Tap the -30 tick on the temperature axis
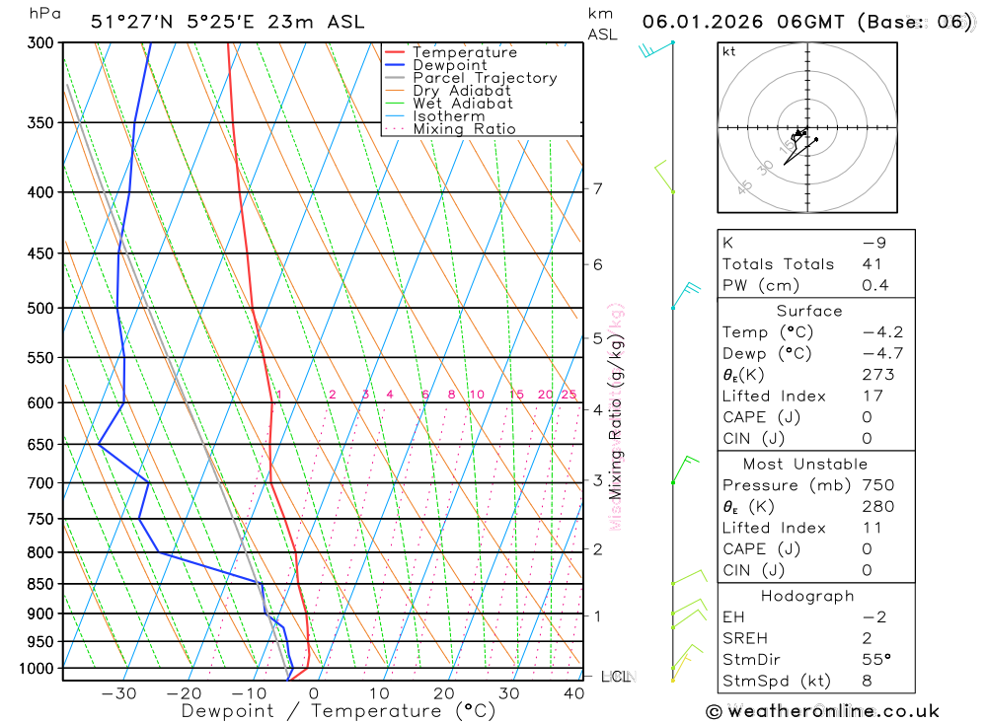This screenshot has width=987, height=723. (x=118, y=693)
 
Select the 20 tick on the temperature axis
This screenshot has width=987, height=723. (x=443, y=693)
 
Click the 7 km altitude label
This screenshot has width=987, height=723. (x=598, y=188)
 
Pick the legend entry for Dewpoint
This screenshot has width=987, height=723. (x=450, y=65)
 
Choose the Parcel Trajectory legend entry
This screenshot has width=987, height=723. (x=485, y=78)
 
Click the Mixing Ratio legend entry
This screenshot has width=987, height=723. (x=464, y=129)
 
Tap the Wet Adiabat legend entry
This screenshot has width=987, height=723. (x=463, y=104)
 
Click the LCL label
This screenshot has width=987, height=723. (x=616, y=677)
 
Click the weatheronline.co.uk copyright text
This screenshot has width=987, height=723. (x=822, y=711)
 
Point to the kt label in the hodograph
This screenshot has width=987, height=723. (x=729, y=51)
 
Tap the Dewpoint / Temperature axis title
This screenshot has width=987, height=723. (x=339, y=711)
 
